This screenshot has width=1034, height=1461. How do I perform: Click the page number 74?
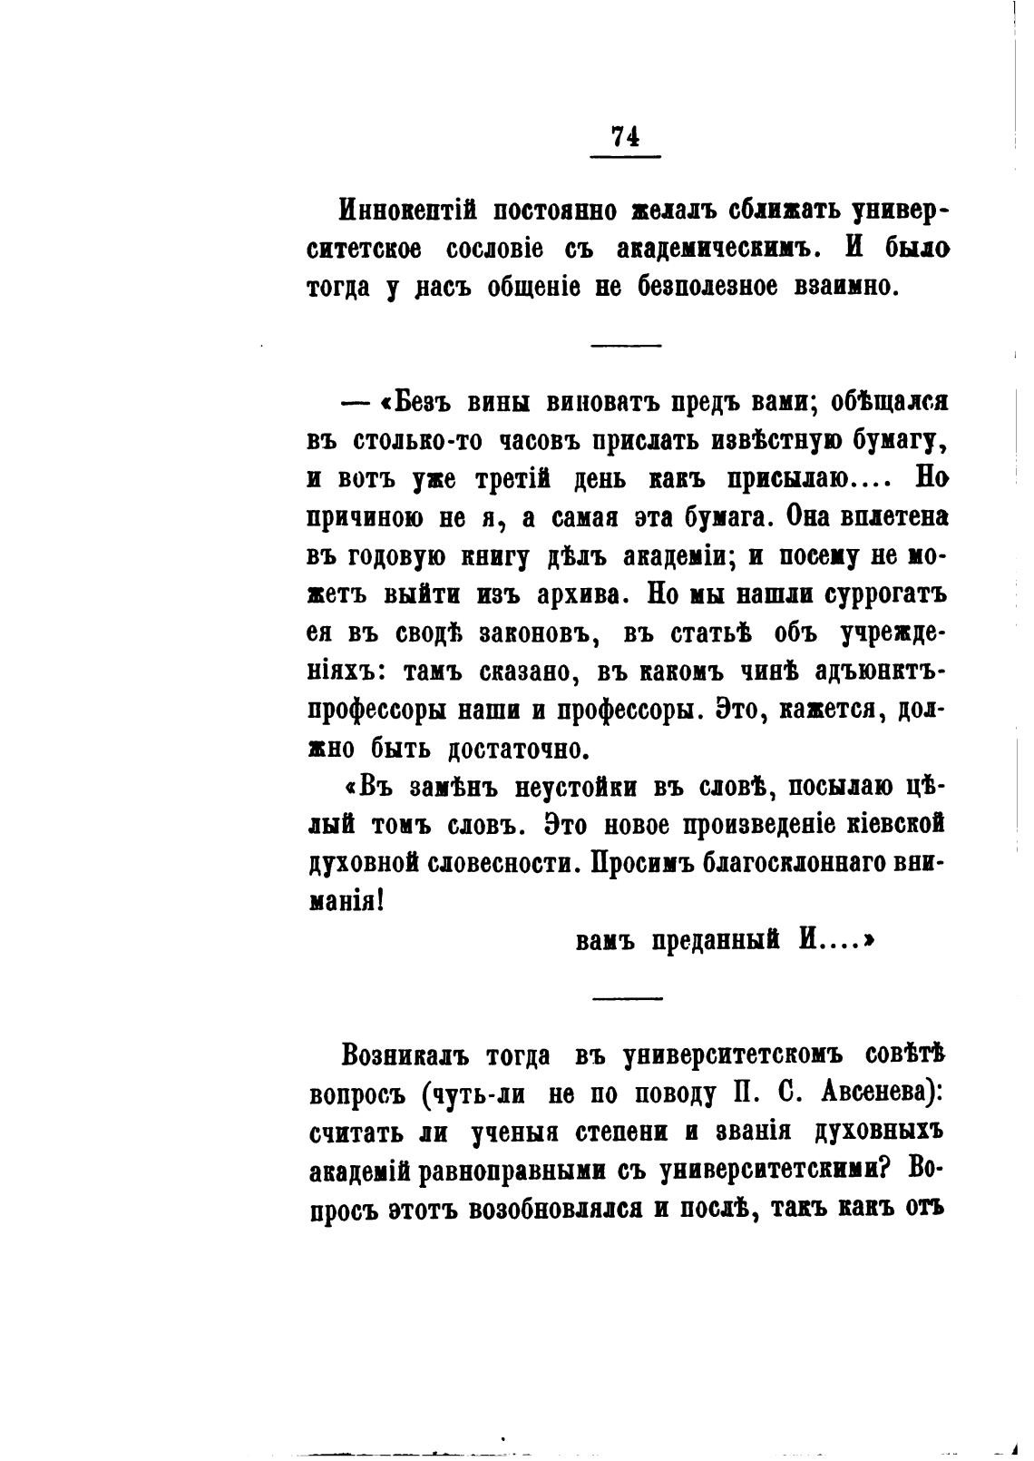(x=625, y=136)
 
